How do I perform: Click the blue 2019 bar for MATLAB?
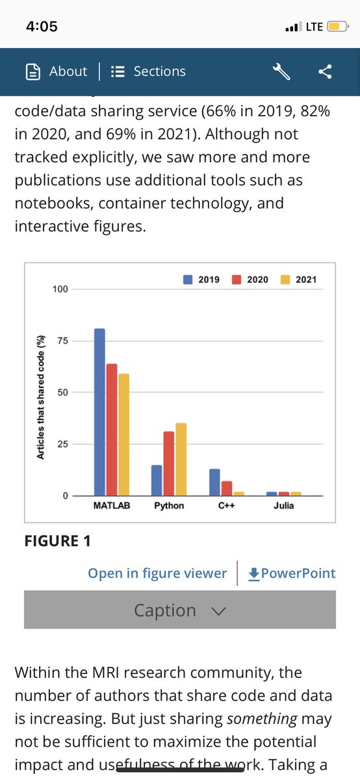[x=99, y=413]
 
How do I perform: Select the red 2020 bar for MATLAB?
[x=111, y=430]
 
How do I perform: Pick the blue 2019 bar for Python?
[x=157, y=480]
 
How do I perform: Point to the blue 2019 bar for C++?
[x=214, y=482]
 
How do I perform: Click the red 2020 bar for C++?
[x=226, y=489]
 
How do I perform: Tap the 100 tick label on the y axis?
[x=60, y=289]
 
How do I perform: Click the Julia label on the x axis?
[x=283, y=505]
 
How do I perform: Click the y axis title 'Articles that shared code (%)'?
[x=40, y=398]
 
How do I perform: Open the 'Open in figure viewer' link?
[x=157, y=573]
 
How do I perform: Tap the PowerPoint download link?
[x=292, y=573]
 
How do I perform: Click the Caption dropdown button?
[x=180, y=610]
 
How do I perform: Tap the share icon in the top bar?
[x=325, y=71]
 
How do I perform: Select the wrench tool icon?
[x=281, y=71]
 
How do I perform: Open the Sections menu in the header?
[x=148, y=71]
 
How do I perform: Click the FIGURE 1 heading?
[x=57, y=541]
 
